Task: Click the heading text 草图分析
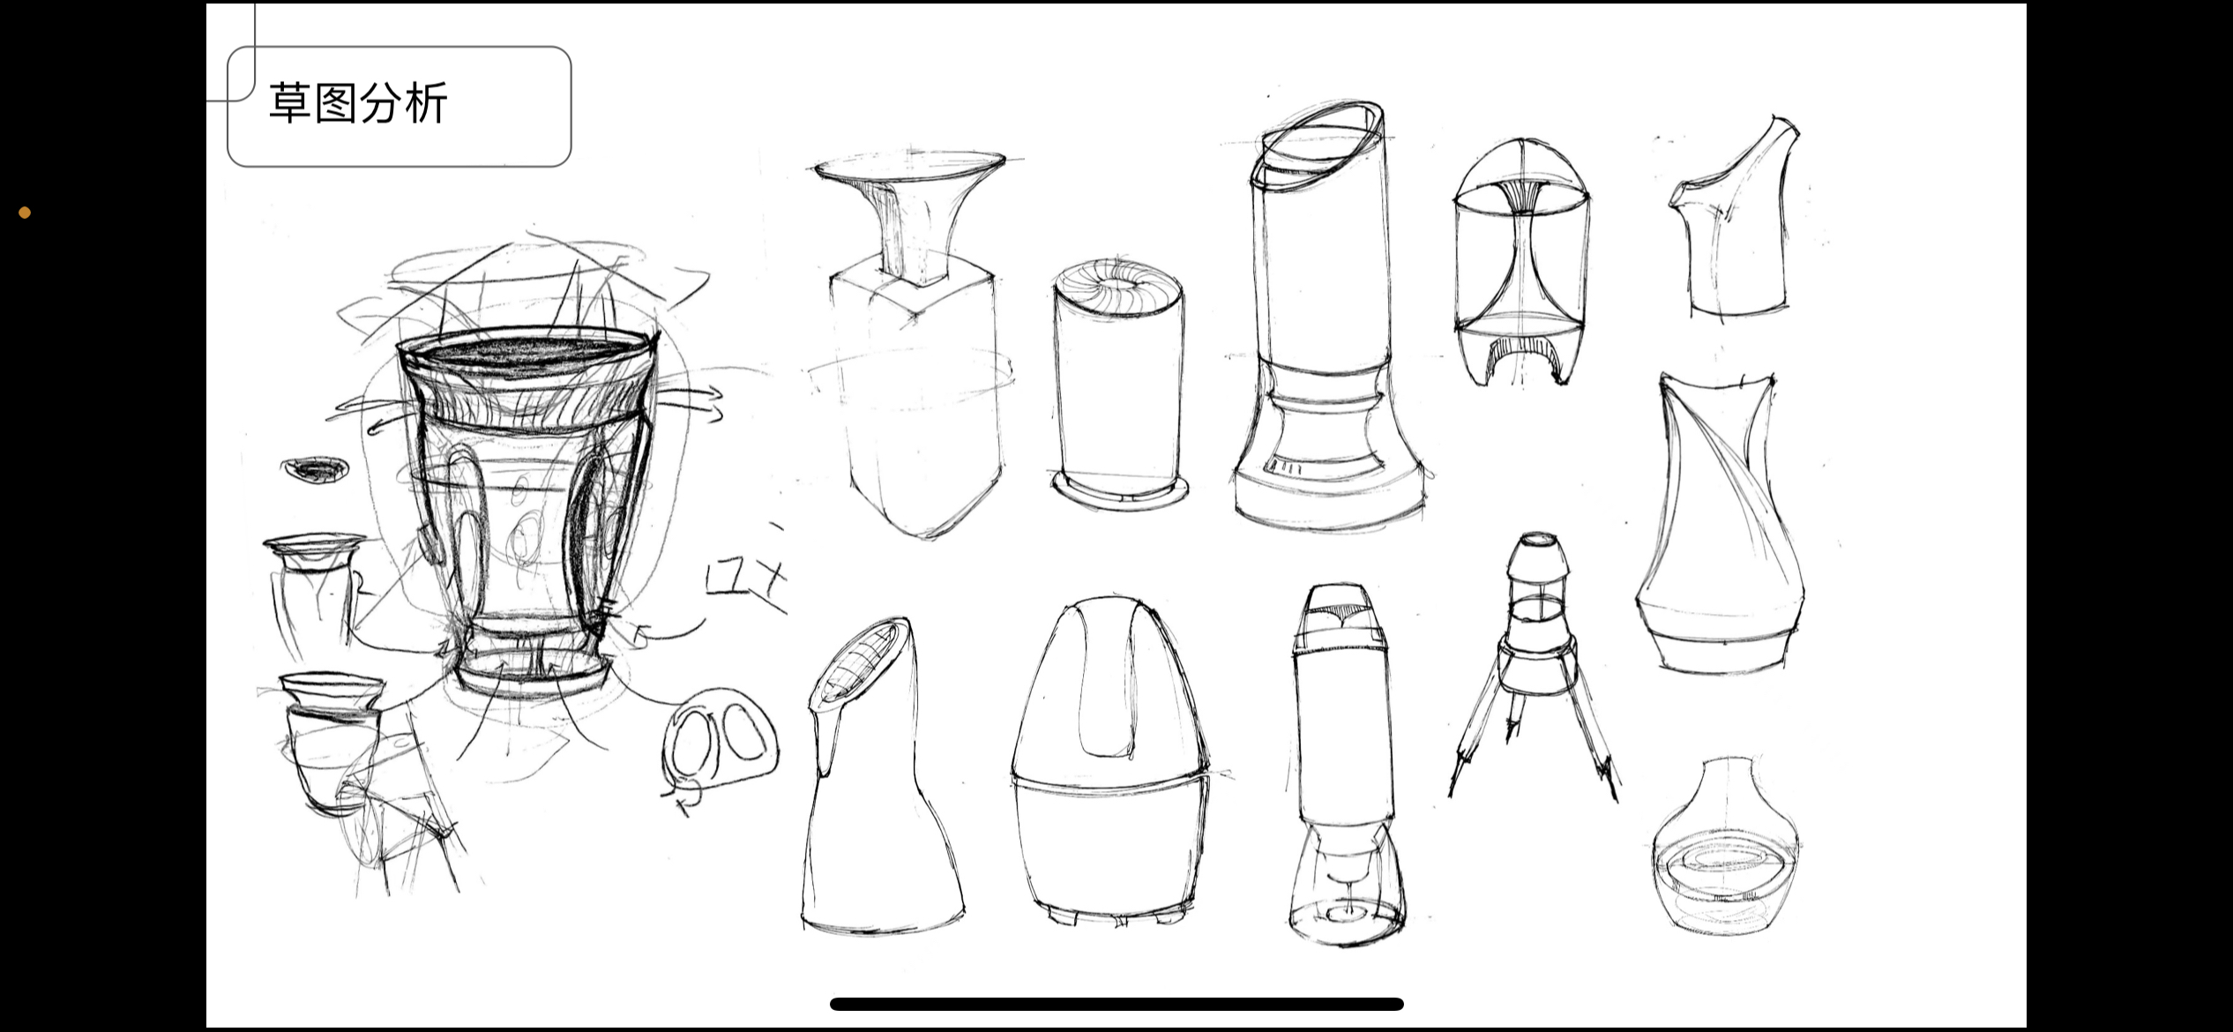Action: pos(358,103)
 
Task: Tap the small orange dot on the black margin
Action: pos(25,213)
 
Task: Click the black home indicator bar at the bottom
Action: pos(1116,1004)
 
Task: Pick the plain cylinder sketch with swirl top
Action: pos(1118,388)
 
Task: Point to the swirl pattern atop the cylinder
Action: pos(1118,284)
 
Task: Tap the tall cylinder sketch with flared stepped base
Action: pos(1327,326)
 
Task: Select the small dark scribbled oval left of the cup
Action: pos(314,470)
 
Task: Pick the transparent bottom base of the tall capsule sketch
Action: pos(1347,891)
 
